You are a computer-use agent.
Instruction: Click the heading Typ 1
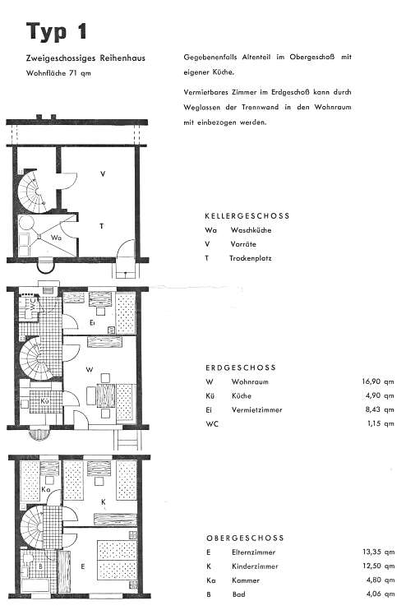coord(57,31)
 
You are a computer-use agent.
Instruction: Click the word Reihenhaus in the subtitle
coord(122,58)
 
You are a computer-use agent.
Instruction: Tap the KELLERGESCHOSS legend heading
coord(247,216)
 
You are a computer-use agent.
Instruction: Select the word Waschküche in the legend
coord(251,230)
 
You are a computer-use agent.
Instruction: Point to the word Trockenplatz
coord(251,258)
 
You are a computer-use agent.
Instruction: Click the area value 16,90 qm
coord(378,381)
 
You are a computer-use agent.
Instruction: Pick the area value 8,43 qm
coord(380,409)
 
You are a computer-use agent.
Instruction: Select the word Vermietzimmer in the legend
coord(256,409)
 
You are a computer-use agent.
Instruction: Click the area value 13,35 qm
coord(378,552)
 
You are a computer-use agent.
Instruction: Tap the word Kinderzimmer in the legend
coord(255,566)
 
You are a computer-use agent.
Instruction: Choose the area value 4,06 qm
coord(381,594)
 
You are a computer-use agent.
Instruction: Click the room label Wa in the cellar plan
coord(56,238)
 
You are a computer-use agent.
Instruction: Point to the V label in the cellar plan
coord(103,174)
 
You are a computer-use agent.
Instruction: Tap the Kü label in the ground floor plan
coord(44,400)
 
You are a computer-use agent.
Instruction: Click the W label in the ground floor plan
coord(90,369)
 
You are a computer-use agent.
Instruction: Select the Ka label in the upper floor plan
coord(45,489)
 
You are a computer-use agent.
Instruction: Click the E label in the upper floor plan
coord(82,566)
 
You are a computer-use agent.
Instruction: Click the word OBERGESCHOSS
coord(245,538)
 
